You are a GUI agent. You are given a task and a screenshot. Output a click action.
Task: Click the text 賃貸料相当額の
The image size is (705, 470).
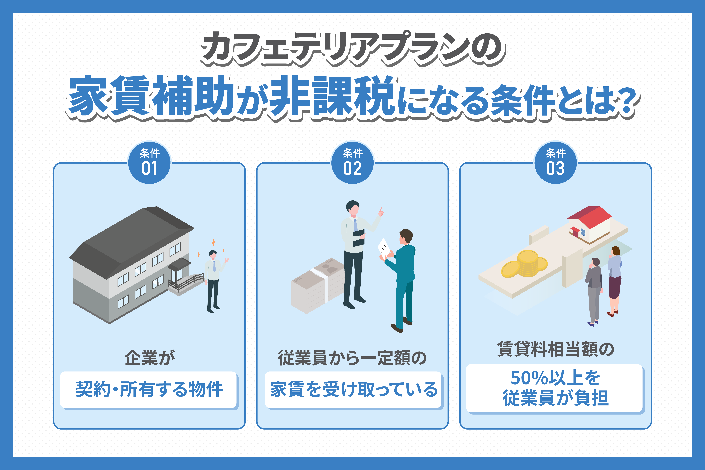coord(555,349)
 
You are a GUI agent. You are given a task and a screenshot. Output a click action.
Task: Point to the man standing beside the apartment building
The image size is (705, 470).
coord(214,280)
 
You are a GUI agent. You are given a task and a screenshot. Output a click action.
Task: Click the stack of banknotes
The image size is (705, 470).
coord(318,285)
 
